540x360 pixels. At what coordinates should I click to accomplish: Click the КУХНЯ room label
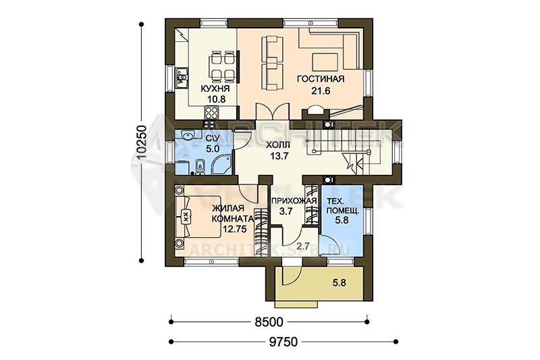(215, 89)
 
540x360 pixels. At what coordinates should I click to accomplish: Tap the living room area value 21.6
(321, 91)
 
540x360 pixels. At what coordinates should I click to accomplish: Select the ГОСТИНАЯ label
(321, 79)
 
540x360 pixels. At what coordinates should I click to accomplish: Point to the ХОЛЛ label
(278, 145)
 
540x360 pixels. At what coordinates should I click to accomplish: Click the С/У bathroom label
(211, 138)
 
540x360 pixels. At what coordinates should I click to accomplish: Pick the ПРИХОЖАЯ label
(294, 201)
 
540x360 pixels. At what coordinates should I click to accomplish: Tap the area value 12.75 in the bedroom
(234, 229)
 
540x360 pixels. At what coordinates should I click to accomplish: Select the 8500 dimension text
(269, 322)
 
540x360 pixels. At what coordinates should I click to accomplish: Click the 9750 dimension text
(283, 342)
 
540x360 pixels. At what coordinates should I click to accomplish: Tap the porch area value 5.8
(340, 283)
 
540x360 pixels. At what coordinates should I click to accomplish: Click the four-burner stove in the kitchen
(211, 112)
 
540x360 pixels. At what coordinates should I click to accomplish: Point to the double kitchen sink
(182, 78)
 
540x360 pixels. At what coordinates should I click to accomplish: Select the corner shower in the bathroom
(223, 164)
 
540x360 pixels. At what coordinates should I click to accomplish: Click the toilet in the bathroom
(199, 166)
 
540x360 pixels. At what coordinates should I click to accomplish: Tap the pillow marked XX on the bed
(186, 217)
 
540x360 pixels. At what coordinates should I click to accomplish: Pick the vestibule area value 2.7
(303, 247)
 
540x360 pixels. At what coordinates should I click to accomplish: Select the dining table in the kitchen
(223, 66)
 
